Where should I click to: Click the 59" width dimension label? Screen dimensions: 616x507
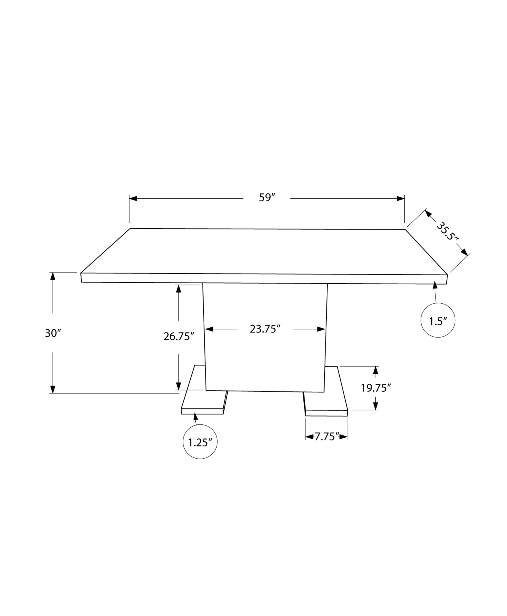[x=266, y=197]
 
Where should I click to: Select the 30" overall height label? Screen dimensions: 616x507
[x=53, y=333]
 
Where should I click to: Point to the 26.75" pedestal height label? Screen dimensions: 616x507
[x=178, y=336]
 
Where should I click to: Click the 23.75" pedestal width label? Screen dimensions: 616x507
[x=265, y=329]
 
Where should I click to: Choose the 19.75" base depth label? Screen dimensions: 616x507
[x=376, y=388]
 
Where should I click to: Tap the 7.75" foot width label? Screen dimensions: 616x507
[x=326, y=436]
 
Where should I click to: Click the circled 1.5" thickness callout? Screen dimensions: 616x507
[x=437, y=321]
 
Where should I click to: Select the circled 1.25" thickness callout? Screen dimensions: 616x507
[x=200, y=443]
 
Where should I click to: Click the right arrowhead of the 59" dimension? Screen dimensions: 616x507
[x=401, y=198]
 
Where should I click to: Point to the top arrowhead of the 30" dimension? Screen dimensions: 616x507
[x=53, y=276]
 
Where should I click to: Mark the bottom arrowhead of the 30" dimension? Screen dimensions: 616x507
[x=53, y=389]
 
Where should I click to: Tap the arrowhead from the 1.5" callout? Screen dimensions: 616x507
[x=435, y=285]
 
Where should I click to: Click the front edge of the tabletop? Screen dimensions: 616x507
[x=264, y=278]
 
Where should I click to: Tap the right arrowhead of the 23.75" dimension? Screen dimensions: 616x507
[x=321, y=329]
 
